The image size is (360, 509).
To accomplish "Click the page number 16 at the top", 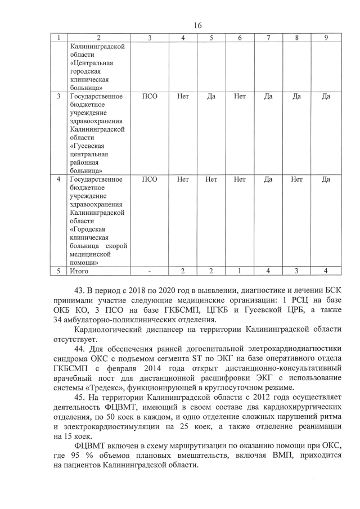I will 197,25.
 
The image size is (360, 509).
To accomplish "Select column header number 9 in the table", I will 326,38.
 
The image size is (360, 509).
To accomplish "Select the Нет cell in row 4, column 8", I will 297,179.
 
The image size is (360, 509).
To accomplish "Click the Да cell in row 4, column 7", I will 268,179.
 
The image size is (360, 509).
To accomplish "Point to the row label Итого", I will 79,271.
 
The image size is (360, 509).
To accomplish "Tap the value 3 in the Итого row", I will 297,271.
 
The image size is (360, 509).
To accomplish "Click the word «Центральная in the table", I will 92,62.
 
